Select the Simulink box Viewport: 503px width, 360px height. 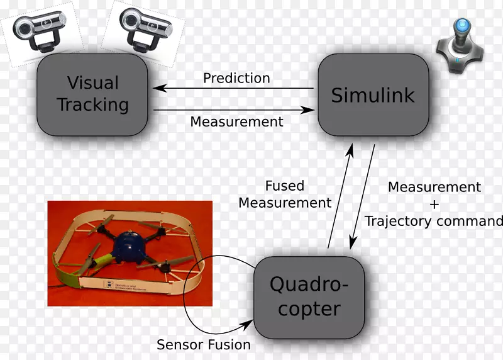tap(373, 95)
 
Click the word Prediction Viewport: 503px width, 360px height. tap(236, 78)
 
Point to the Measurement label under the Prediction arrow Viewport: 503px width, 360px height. tap(236, 121)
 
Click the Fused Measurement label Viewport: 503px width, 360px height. tap(285, 194)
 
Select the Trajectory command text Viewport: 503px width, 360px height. tap(434, 221)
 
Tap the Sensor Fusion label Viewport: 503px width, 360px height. tap(204, 344)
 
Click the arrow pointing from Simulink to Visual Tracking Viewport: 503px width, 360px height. tap(233, 89)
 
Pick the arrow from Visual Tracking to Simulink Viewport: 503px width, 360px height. tap(233, 110)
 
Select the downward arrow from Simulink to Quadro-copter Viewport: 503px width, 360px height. tap(363, 196)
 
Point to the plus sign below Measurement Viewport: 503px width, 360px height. tap(434, 204)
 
